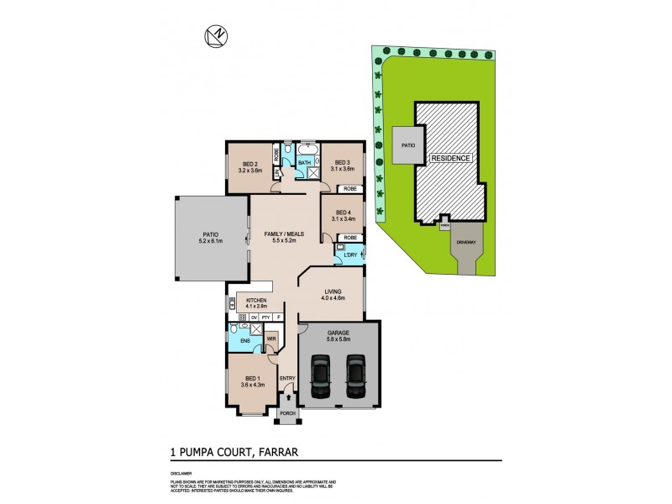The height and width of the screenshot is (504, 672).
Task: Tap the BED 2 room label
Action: coord(249,164)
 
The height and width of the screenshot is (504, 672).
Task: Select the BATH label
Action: coord(304,163)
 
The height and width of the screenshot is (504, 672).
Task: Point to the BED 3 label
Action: coord(342,163)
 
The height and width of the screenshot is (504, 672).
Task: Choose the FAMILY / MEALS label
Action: coord(283,234)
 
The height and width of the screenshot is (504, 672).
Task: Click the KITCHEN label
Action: coord(257,300)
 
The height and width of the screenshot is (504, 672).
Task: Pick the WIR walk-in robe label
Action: coord(271,339)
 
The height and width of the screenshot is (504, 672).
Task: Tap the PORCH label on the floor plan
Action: coord(288,413)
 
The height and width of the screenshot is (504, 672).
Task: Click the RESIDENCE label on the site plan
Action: coord(451,158)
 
